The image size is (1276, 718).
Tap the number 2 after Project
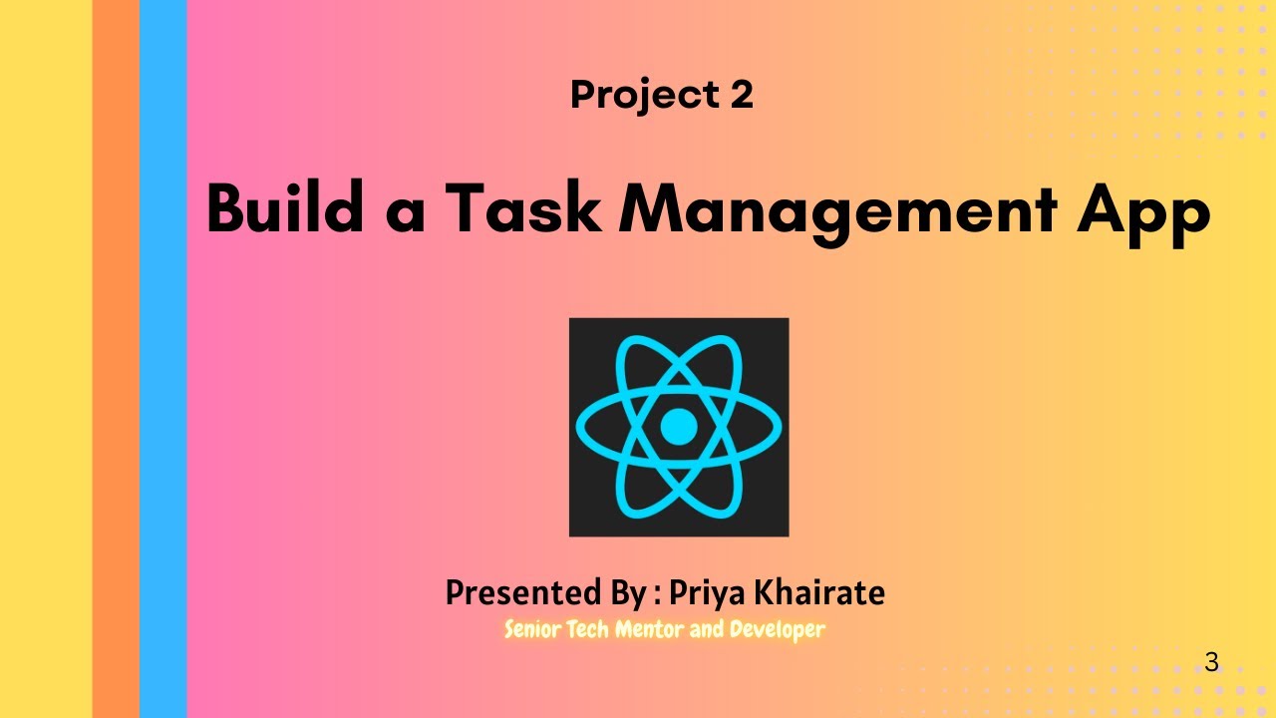click(740, 95)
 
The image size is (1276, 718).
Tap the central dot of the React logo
click(679, 427)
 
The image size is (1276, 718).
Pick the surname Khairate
click(822, 593)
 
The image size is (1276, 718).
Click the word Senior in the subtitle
click(533, 629)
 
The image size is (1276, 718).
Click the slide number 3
click(1211, 662)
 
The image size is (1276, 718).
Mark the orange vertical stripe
click(116, 359)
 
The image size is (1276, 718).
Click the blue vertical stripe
click(163, 359)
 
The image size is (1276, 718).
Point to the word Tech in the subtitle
click(588, 629)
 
